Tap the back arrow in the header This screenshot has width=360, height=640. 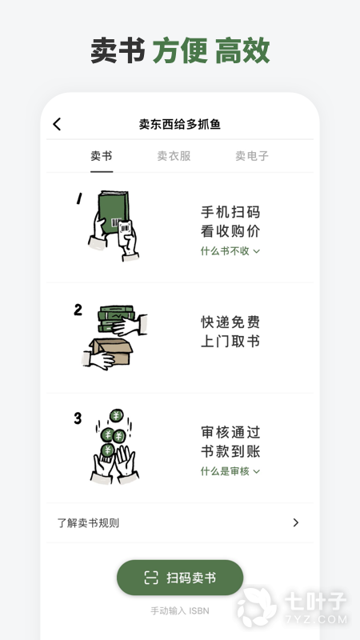tap(57, 124)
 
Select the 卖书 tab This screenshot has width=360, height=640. tap(102, 156)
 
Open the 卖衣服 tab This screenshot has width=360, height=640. tap(174, 156)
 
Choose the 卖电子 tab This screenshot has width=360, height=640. tap(252, 156)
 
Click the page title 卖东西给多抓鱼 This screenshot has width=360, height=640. tap(179, 124)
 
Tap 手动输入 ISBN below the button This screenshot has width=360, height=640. tap(180, 611)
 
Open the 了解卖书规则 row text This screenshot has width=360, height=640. tap(88, 523)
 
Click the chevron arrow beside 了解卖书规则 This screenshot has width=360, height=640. tap(296, 523)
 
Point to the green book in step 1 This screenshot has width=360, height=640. tap(113, 212)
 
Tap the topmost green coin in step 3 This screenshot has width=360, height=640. tap(117, 415)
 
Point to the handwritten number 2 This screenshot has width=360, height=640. tap(78, 310)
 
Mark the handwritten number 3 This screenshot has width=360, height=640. tap(78, 418)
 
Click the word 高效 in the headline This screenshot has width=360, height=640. tap(242, 50)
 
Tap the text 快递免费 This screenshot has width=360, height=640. tap(230, 322)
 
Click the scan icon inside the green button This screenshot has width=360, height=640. tap(151, 578)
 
